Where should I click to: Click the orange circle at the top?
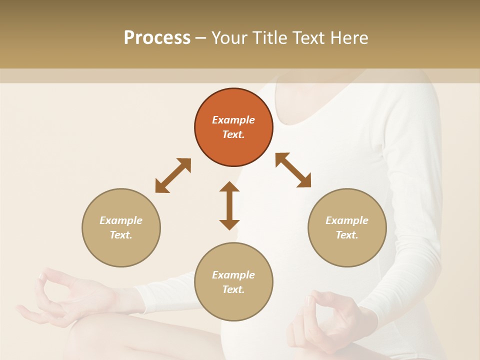point(233,127)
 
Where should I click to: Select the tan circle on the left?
point(121,228)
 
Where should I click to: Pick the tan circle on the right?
point(347,228)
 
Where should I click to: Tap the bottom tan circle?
point(233,282)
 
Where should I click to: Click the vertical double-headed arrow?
point(229,205)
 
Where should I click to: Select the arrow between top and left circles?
point(173,175)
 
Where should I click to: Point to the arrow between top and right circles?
point(293,170)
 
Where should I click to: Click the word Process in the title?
point(157,37)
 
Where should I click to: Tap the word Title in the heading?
point(270,37)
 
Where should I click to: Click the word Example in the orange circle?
point(233,120)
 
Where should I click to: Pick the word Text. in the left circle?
point(121,235)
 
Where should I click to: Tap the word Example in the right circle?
point(347,220)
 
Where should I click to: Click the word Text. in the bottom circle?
point(233,289)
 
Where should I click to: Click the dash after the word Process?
point(201,38)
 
